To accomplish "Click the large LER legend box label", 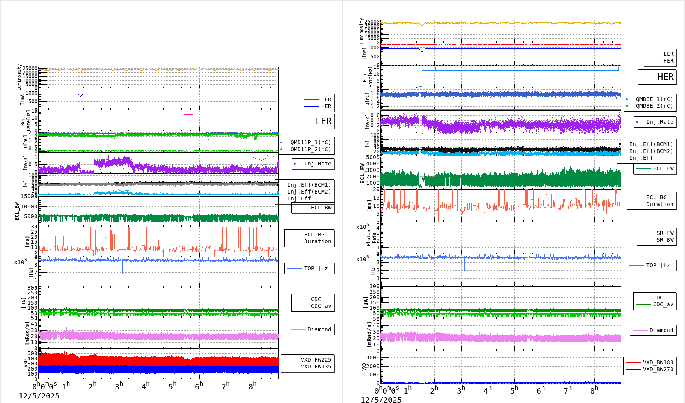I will (x=323, y=121).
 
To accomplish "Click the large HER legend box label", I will (x=665, y=77).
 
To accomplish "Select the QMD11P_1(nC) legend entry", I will (x=310, y=142).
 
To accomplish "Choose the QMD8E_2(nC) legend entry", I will (x=654, y=106).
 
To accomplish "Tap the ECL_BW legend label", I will (x=321, y=208).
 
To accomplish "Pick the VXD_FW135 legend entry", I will (x=316, y=367).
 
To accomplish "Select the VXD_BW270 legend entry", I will (x=658, y=369).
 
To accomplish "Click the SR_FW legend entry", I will (x=665, y=233).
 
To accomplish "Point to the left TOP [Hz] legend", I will (x=317, y=268).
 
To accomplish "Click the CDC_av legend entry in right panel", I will (x=663, y=304).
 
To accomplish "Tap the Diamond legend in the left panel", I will (x=319, y=329).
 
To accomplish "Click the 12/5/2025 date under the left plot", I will (x=39, y=396).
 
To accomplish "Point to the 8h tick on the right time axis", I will (x=594, y=390).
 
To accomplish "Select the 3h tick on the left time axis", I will (x=119, y=386).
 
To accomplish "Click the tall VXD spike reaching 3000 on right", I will (x=611, y=364).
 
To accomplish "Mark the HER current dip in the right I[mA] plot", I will (x=422, y=50).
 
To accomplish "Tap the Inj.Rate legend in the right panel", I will (x=660, y=122).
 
